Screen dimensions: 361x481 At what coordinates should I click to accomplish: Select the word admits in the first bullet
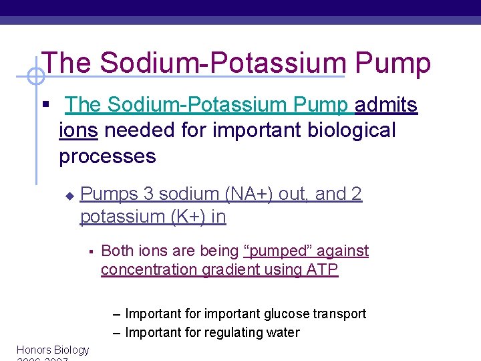point(386,105)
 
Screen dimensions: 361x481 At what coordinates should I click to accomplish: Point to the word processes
point(108,156)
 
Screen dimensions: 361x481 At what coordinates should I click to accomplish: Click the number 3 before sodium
point(148,194)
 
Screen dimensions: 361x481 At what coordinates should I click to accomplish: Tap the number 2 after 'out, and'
point(356,194)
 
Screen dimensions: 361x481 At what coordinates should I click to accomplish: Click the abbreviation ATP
point(324,270)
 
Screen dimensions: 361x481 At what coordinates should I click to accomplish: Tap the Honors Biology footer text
point(53,350)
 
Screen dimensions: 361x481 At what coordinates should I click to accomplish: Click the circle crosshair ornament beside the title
point(35,77)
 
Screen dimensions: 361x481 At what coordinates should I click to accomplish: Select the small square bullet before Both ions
point(90,252)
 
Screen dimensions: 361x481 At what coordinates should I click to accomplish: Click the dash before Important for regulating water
point(117,332)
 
